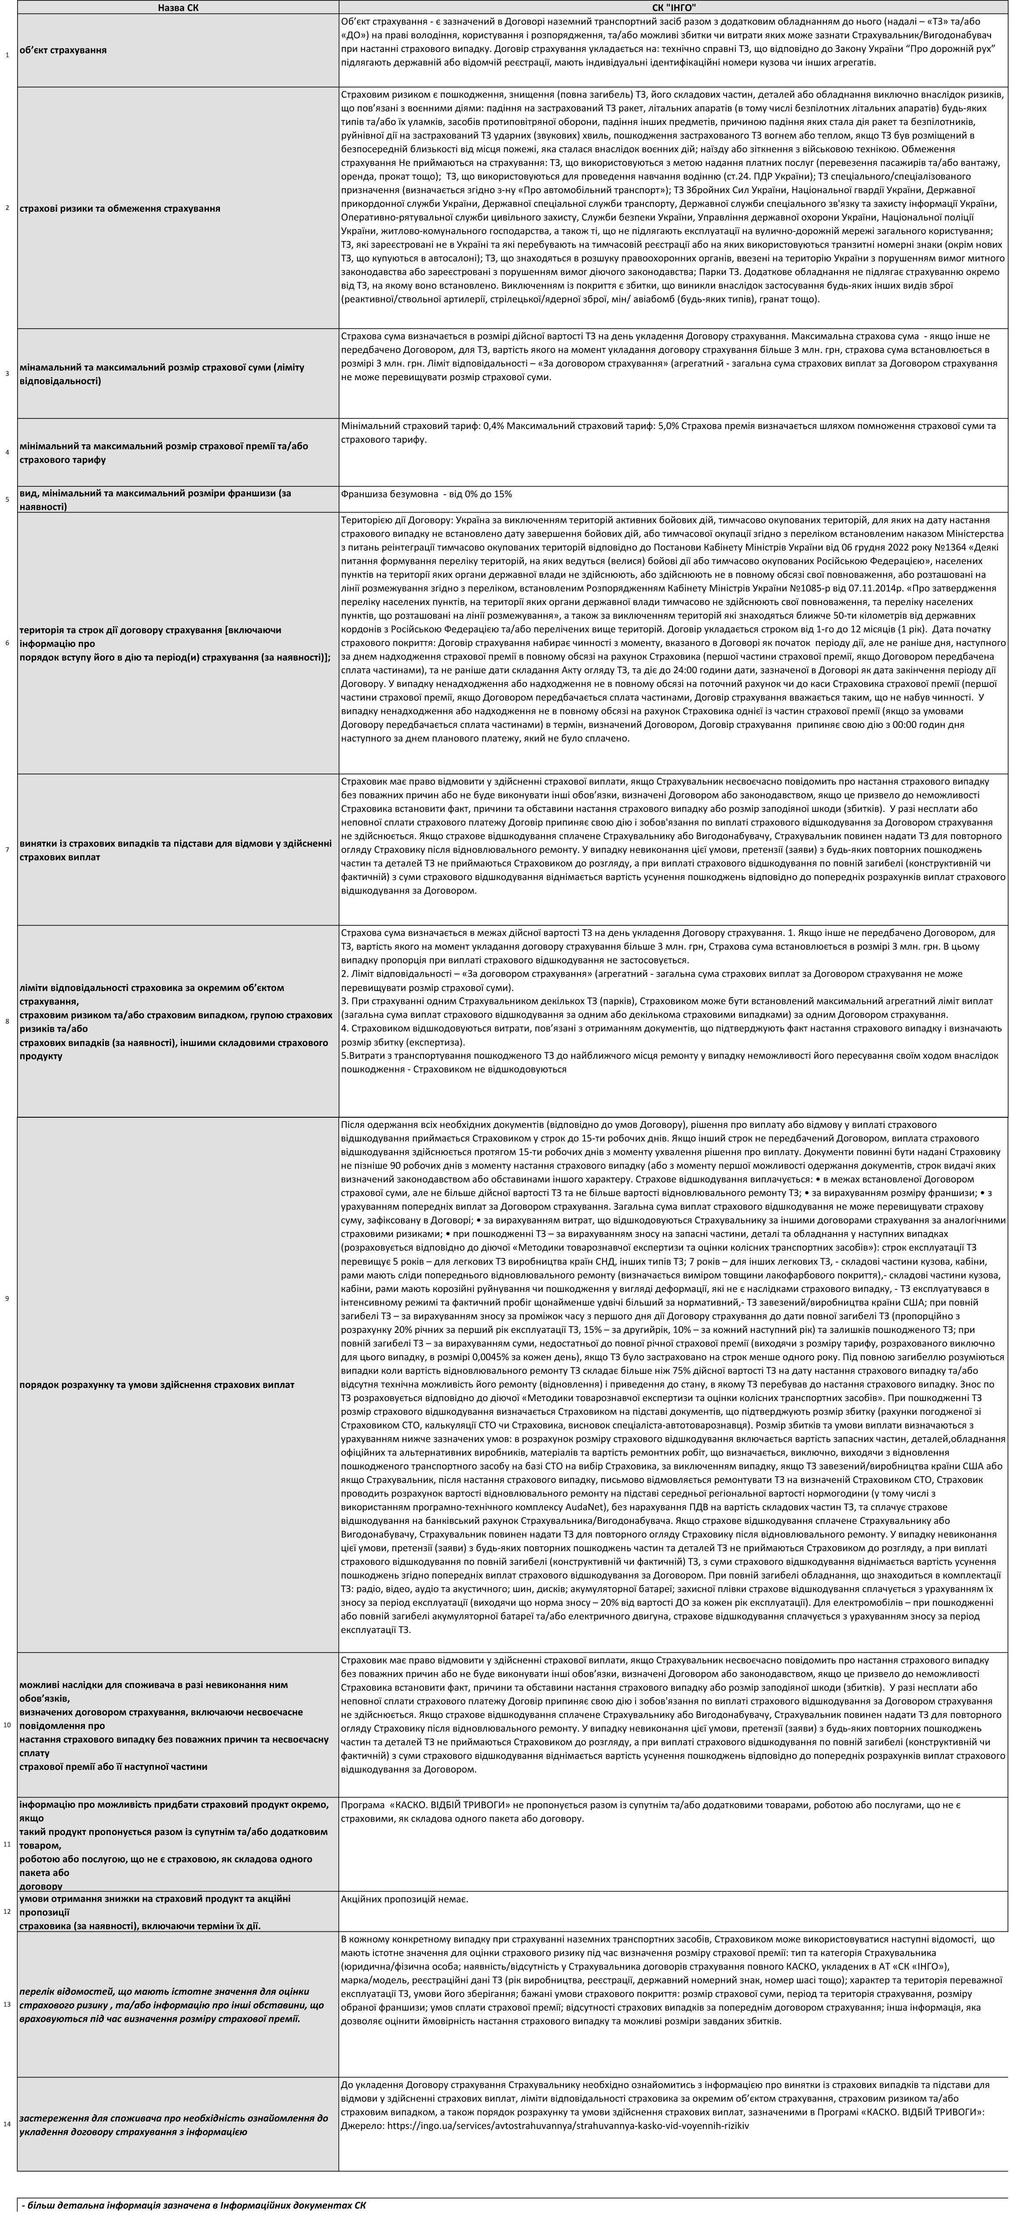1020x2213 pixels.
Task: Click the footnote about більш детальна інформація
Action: tap(193, 2204)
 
